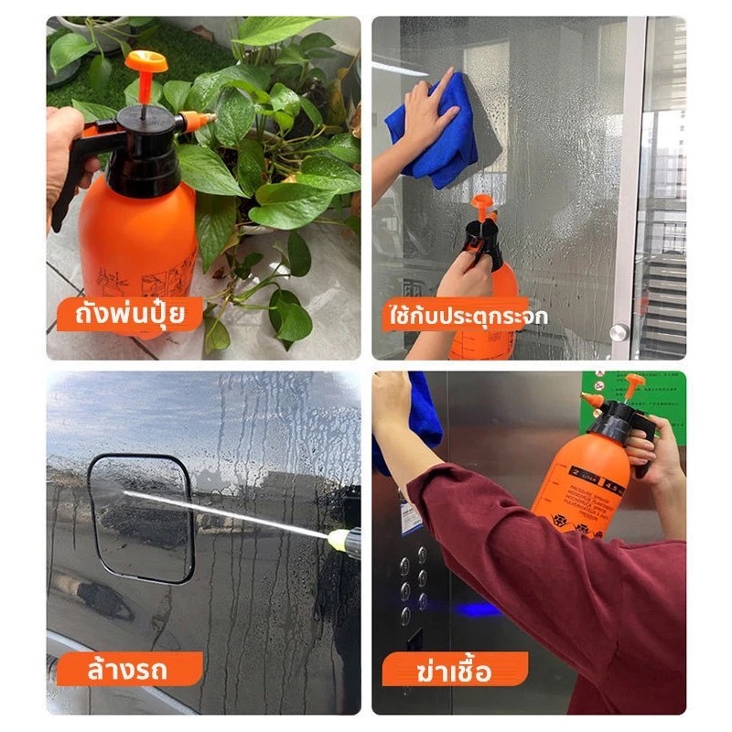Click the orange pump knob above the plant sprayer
146,61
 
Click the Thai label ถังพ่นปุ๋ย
129,314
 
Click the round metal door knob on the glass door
619,332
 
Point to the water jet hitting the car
225,512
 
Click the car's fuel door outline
141,518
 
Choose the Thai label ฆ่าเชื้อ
454,671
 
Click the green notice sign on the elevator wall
632,401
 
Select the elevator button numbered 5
404,566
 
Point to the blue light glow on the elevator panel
476,608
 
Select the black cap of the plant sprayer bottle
145,150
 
